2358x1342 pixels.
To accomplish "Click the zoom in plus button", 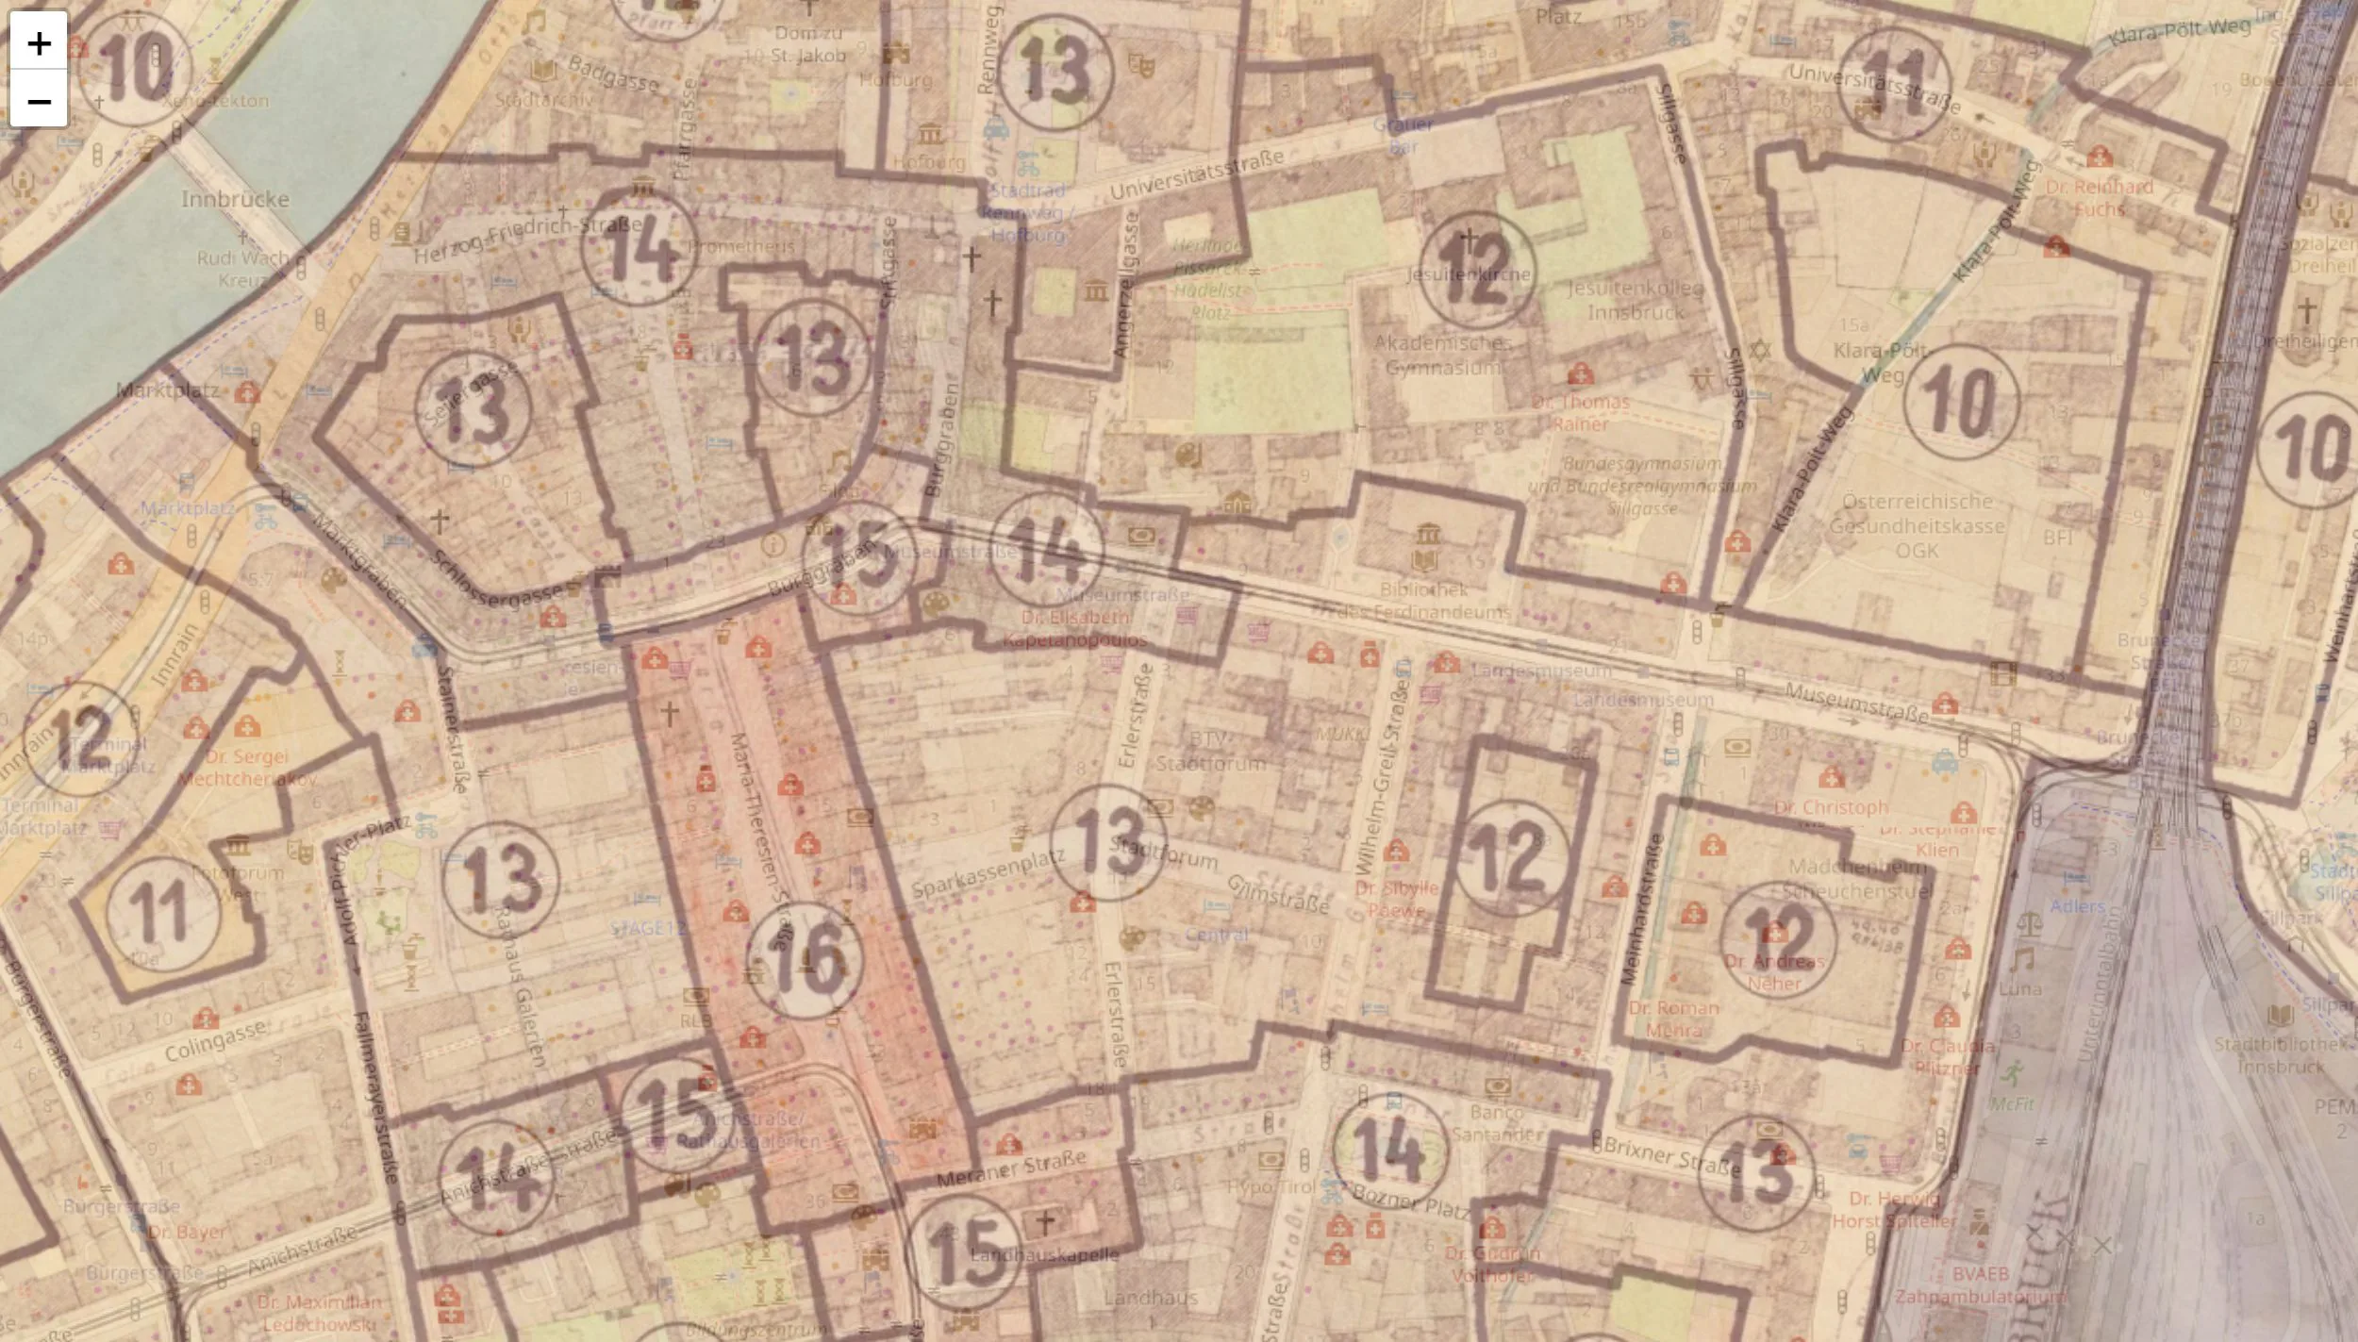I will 39,42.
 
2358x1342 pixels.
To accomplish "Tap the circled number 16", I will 805,960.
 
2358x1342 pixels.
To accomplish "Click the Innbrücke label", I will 235,199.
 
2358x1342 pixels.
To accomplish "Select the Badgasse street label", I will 613,74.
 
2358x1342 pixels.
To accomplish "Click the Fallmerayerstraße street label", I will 374,1110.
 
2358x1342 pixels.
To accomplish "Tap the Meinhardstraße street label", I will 1642,909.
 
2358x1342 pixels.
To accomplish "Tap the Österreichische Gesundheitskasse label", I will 1917,525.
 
